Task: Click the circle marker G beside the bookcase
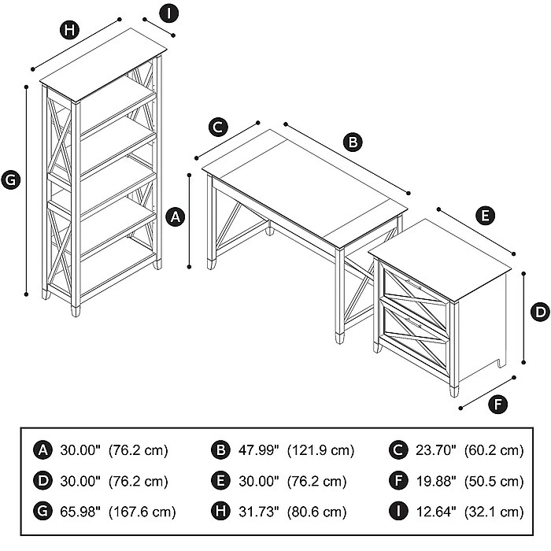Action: pos(10,180)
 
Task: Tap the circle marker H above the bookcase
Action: pos(70,31)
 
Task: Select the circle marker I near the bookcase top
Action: pos(168,13)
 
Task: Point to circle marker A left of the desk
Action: pos(177,215)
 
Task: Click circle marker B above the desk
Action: pos(353,142)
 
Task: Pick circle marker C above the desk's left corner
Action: pos(219,127)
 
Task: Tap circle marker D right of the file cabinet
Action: pos(540,312)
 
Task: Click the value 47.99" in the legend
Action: pos(257,450)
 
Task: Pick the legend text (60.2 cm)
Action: pos(492,450)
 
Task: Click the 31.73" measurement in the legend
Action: pos(257,512)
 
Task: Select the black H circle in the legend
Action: pos(220,512)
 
